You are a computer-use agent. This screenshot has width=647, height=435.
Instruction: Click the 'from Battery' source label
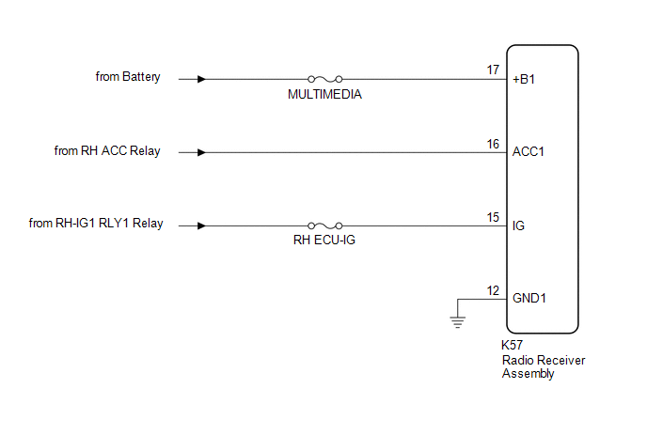[x=128, y=76]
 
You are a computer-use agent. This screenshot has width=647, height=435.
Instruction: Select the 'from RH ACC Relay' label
[x=107, y=150]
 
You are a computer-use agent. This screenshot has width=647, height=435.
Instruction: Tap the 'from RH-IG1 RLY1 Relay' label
[x=96, y=224]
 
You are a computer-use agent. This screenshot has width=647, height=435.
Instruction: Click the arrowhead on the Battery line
[x=201, y=79]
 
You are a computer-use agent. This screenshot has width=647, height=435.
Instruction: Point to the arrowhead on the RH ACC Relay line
[x=201, y=152]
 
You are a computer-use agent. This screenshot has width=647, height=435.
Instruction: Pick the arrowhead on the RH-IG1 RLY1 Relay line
[x=201, y=225]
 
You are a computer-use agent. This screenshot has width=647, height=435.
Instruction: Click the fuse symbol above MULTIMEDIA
[x=324, y=79]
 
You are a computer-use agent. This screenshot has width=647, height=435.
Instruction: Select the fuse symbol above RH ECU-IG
[x=324, y=225]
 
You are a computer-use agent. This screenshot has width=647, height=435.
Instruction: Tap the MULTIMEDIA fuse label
[x=324, y=94]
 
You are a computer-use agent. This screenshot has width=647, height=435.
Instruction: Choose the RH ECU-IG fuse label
[x=324, y=241]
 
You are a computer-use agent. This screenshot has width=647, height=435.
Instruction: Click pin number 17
[x=493, y=70]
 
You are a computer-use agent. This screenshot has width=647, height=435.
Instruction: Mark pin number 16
[x=493, y=143]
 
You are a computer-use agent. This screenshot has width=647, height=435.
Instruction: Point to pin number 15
[x=493, y=216]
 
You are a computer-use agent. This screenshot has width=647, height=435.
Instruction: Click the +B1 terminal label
[x=525, y=80]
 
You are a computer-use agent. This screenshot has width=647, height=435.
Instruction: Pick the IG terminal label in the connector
[x=519, y=226]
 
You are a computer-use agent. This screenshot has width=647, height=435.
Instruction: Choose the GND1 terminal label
[x=529, y=299]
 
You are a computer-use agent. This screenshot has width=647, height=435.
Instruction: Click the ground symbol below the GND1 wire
[x=458, y=322]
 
